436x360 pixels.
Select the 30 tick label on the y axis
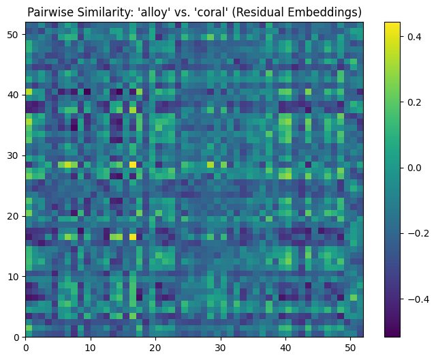(x=15, y=156)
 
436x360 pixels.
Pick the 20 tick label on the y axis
(x=15, y=216)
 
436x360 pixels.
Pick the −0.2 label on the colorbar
(x=417, y=233)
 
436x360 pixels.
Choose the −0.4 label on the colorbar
(x=417, y=299)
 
